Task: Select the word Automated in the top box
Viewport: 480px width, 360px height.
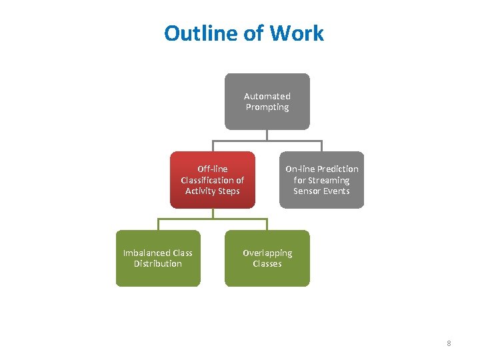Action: (x=267, y=96)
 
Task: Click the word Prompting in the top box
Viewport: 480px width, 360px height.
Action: (x=267, y=107)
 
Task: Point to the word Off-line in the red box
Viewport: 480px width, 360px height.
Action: (x=213, y=169)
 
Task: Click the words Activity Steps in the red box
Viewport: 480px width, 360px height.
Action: (x=213, y=191)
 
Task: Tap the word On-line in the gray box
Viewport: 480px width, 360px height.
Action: (x=300, y=169)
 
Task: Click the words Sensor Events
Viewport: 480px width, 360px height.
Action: (x=321, y=191)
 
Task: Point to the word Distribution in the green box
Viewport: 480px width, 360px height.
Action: (x=158, y=264)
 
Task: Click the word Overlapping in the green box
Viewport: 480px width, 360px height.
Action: (x=267, y=253)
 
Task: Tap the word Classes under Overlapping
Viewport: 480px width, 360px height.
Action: (x=267, y=264)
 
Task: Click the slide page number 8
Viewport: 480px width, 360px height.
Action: (x=449, y=343)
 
